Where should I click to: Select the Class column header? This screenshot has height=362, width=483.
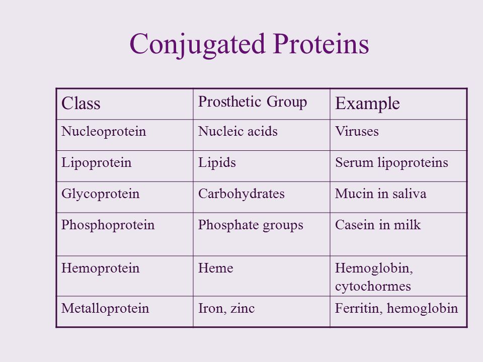81,103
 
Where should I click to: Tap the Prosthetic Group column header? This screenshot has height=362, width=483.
253,102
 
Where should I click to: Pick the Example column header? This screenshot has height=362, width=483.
367,104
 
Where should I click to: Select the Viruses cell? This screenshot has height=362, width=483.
357,132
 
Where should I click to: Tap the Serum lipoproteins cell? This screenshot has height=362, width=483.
391,163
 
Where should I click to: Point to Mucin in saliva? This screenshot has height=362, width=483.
380,195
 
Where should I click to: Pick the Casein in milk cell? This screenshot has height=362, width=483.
377,226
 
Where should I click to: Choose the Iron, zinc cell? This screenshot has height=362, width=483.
224,308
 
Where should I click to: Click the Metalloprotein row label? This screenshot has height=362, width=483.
98,308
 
